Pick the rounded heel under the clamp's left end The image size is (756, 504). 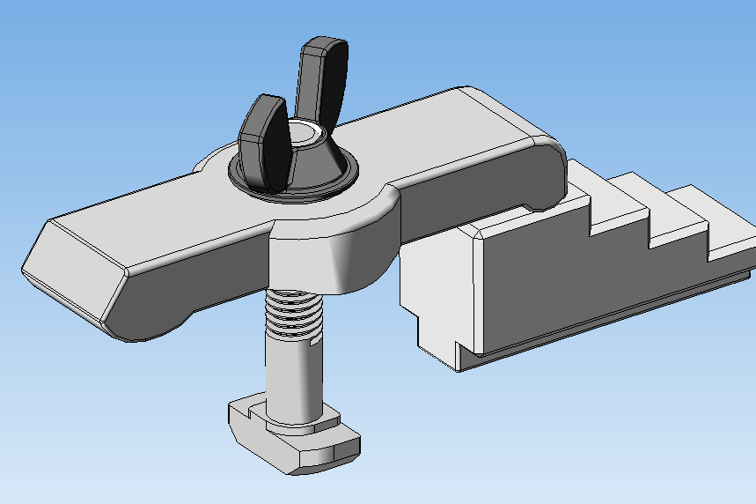pos(150,326)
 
